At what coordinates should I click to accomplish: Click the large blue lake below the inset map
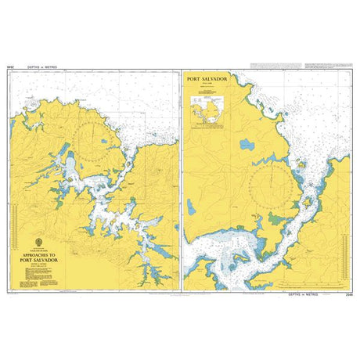click(248, 145)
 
